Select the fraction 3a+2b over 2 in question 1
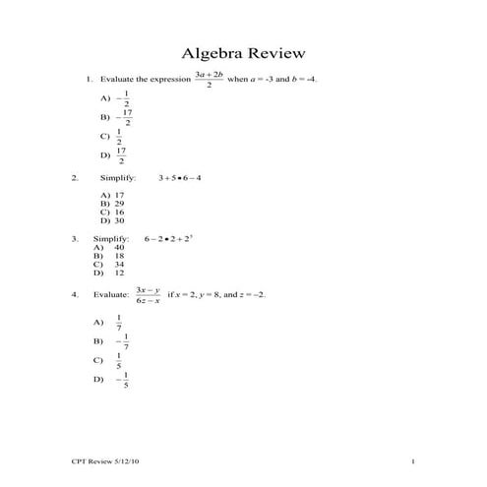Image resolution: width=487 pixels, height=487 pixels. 209,79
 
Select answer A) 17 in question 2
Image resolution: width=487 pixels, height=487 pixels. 112,195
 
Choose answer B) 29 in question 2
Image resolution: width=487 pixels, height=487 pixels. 112,203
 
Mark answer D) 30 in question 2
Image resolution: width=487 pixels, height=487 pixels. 112,220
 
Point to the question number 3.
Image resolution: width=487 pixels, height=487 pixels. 74,238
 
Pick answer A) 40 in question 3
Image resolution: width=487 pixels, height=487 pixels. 109,247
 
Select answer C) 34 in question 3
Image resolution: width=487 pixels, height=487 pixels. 109,265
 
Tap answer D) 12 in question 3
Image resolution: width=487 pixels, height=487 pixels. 109,273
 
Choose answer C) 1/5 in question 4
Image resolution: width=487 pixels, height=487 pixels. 110,360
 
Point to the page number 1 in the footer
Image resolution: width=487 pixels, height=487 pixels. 414,461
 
